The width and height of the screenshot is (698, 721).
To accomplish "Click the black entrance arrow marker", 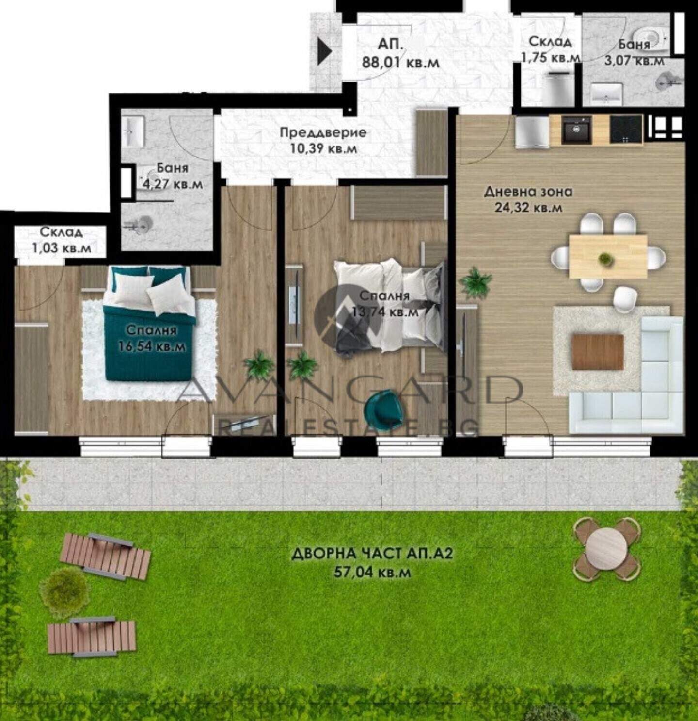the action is click(x=325, y=52).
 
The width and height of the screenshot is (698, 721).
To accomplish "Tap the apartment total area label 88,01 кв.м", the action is click(x=400, y=63).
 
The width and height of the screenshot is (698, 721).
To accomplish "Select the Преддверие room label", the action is click(x=323, y=132).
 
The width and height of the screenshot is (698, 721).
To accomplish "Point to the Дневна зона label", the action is click(x=528, y=192).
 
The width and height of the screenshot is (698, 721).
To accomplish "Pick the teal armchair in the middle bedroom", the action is click(x=382, y=410).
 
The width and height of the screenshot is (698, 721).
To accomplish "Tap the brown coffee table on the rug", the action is click(x=598, y=352).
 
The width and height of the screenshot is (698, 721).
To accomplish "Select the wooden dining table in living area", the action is click(x=608, y=256).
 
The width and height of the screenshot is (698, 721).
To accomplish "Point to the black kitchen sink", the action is click(x=576, y=130).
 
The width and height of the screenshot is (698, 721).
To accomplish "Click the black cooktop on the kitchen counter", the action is click(x=626, y=130).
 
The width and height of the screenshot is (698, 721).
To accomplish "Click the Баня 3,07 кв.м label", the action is click(x=635, y=52).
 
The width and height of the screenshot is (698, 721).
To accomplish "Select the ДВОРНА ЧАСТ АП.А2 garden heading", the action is click(x=372, y=554).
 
